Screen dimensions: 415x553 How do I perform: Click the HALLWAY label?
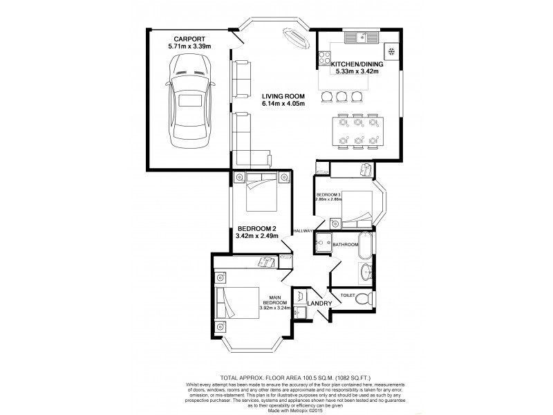(303, 230)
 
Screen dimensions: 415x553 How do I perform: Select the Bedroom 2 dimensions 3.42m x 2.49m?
(257, 236)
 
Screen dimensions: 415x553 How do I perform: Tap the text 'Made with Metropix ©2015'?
(276, 408)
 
